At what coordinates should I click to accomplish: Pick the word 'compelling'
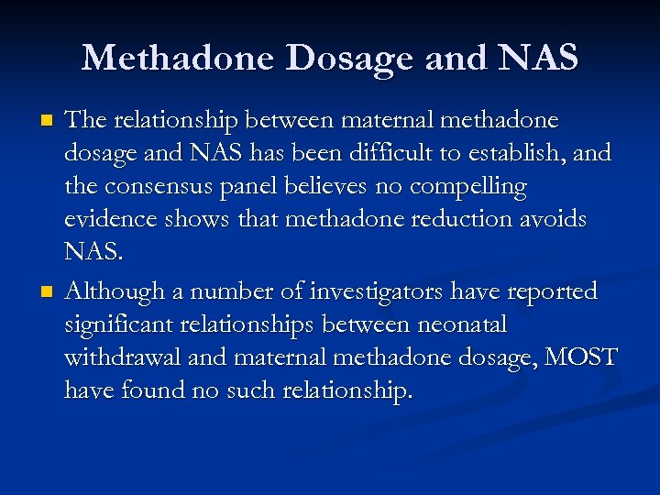[x=469, y=188]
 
